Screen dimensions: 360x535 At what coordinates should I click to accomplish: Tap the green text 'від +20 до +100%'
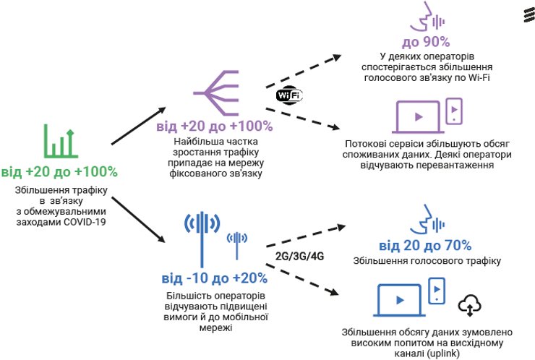coord(59,172)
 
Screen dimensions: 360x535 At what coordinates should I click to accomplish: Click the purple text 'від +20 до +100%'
coord(214,127)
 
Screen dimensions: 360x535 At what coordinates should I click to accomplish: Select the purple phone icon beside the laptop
coord(454,110)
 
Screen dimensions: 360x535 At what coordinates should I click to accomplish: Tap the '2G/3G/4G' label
coord(299,256)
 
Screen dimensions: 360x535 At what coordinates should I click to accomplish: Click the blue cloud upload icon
coord(470,304)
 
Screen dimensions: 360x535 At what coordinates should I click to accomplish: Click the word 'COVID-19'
coord(81,223)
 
